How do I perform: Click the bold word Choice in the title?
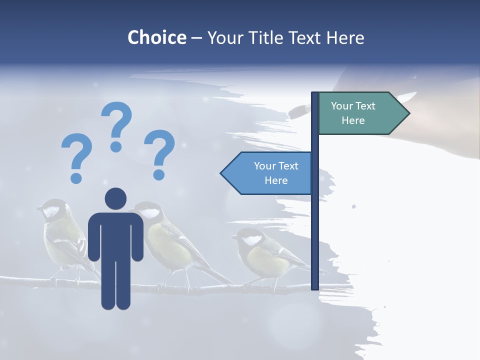[x=156, y=37]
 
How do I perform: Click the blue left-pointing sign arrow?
[x=267, y=173]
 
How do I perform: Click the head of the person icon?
[x=115, y=198]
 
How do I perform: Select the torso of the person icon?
[x=115, y=235]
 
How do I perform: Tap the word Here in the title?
[x=344, y=37]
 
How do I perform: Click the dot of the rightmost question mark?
[x=159, y=174]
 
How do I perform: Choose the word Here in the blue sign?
[x=276, y=180]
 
